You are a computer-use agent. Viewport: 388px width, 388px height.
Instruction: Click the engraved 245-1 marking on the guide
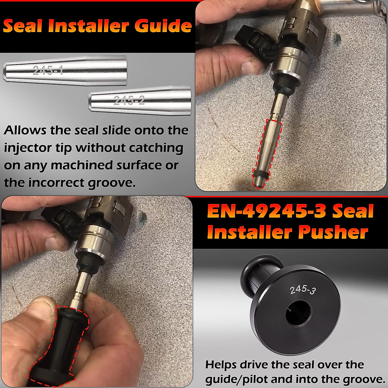48,70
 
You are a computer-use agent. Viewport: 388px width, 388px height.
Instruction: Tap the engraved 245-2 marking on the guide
129,101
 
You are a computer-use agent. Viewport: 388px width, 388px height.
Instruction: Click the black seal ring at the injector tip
261,175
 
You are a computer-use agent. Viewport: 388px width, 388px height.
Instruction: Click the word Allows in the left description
25,130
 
